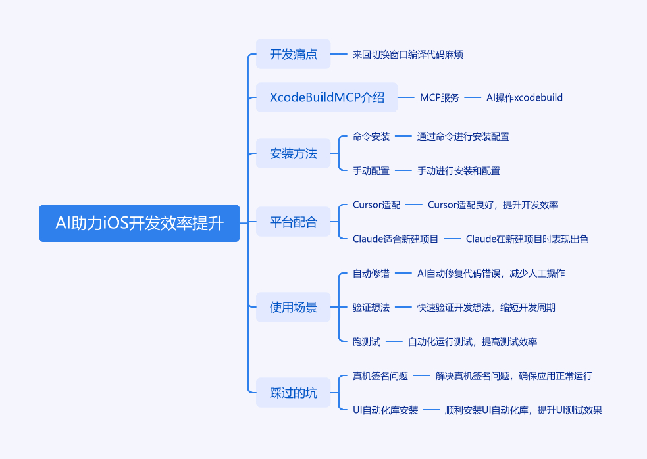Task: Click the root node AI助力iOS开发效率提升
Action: click(140, 223)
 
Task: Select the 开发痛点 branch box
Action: click(294, 55)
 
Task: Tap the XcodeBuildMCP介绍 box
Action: click(327, 98)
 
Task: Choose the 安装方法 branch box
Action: click(294, 154)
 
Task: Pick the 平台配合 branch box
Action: click(294, 222)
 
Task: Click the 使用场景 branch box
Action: click(294, 307)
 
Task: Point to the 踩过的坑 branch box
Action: click(294, 393)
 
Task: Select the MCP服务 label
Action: click(440, 98)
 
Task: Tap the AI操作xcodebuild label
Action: click(525, 98)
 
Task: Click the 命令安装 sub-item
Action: click(371, 137)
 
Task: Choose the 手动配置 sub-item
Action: click(371, 171)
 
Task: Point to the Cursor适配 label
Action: click(376, 205)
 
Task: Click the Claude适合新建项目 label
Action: click(396, 239)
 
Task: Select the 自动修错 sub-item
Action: click(371, 274)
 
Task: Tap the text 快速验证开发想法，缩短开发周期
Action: click(491, 308)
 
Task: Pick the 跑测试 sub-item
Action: click(367, 342)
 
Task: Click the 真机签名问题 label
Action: click(380, 376)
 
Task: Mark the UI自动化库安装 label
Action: click(386, 410)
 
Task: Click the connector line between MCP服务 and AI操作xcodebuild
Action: click(473, 98)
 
